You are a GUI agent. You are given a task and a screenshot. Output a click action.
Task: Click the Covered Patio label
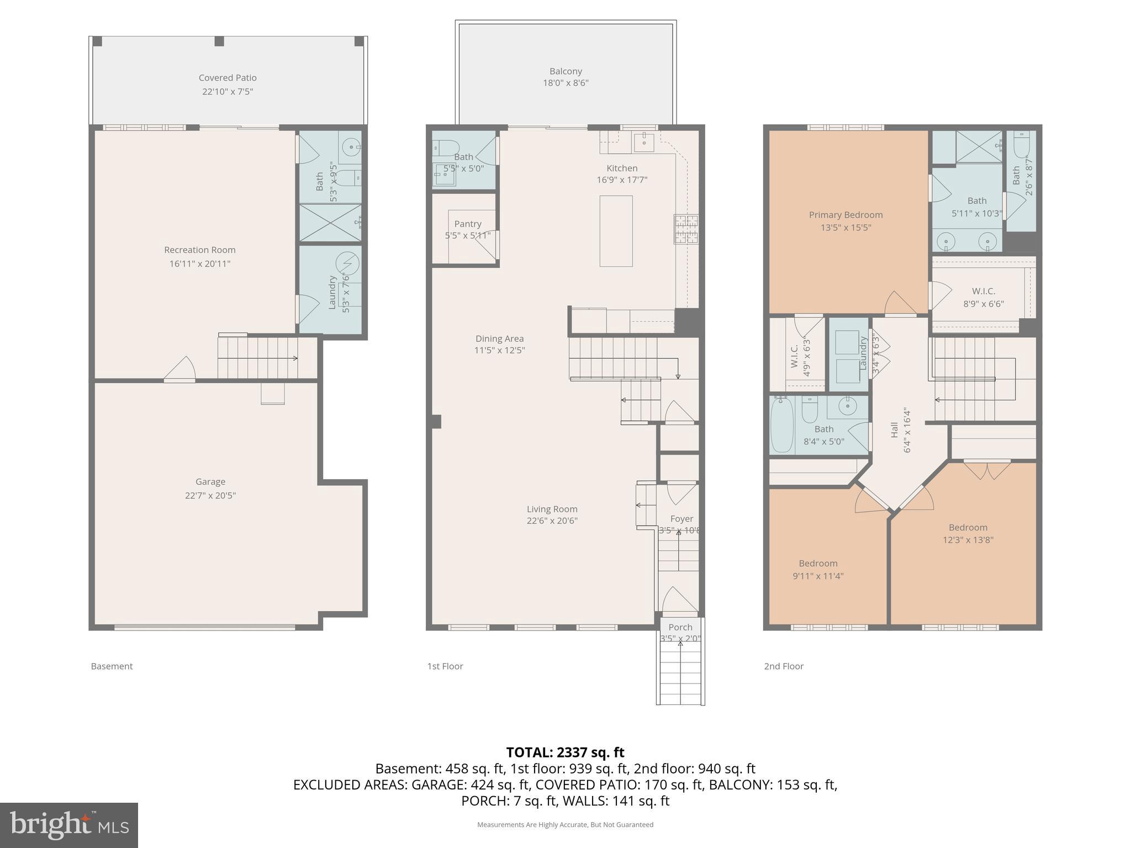228,78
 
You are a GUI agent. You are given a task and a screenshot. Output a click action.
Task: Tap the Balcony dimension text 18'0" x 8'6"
565,83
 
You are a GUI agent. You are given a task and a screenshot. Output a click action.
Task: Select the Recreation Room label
199,250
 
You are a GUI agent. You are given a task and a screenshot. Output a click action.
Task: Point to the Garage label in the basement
210,482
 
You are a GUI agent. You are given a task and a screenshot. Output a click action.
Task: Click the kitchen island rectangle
616,231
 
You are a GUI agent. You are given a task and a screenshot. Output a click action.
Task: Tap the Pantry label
468,224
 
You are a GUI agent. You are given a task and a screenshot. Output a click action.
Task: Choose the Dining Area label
499,338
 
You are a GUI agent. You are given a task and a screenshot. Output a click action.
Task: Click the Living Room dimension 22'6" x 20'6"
552,521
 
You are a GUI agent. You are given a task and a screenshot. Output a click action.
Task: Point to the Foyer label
681,519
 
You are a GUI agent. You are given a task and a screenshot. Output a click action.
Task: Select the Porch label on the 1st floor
680,627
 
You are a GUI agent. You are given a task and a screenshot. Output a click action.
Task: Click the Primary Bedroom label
845,215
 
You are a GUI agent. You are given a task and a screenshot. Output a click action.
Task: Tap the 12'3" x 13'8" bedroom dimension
968,540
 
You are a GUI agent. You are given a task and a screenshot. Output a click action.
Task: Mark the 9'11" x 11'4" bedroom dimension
818,576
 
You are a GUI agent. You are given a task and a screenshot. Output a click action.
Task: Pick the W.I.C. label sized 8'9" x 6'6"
984,291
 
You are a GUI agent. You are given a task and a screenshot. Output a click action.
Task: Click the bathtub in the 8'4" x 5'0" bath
782,424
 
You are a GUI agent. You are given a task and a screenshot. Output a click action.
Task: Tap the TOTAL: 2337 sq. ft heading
565,752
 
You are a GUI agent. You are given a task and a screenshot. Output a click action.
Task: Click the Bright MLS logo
68,825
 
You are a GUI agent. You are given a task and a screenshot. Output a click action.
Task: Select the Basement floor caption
112,666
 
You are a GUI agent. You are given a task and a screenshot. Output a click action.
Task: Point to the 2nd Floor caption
784,666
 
